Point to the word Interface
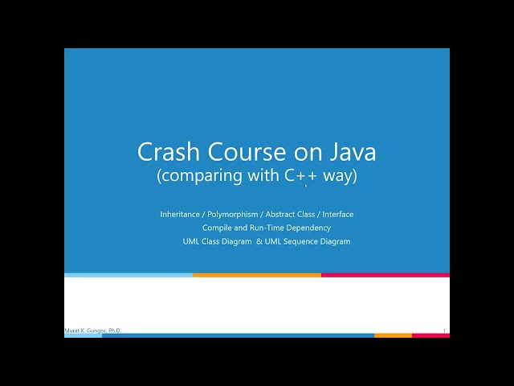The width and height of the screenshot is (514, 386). click(x=337, y=214)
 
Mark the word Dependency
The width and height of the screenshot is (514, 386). click(x=309, y=228)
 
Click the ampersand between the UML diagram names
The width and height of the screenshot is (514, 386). click(x=259, y=241)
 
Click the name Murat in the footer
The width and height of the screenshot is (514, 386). click(x=72, y=331)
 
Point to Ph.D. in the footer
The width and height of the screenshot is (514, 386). click(x=113, y=331)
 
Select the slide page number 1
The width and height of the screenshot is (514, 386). click(x=444, y=330)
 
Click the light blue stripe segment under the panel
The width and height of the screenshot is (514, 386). click(x=128, y=275)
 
